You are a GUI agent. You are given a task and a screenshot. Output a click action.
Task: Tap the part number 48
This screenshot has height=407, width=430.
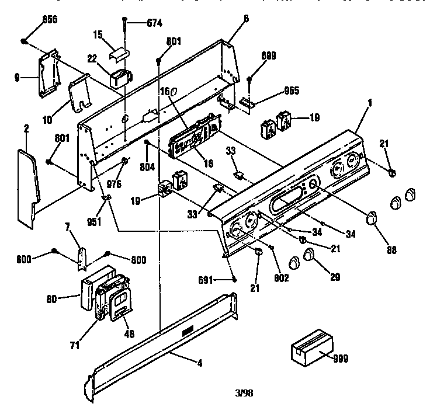129,333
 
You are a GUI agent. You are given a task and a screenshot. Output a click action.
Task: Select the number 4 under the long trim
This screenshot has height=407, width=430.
200,363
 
